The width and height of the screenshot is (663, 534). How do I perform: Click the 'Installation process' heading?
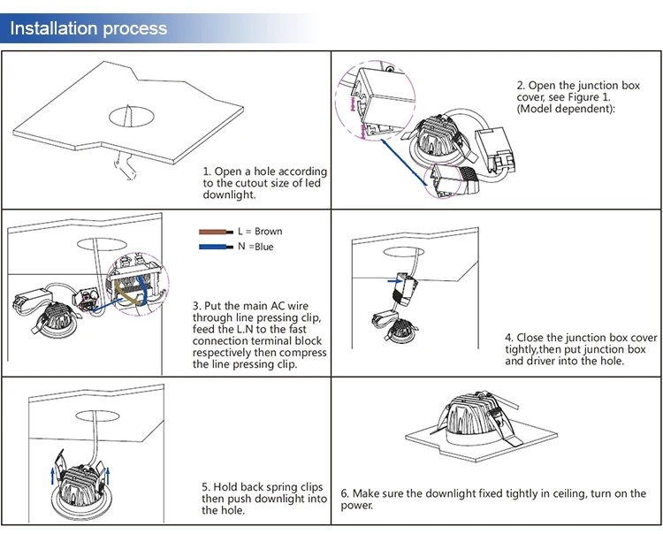click(88, 28)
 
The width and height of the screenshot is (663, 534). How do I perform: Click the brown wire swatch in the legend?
click(216, 232)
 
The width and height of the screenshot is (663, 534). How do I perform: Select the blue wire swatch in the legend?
click(216, 247)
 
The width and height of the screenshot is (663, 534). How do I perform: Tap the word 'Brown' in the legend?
click(269, 232)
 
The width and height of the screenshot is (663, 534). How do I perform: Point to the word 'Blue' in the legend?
click(263, 247)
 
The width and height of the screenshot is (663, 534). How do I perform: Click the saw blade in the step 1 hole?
click(127, 116)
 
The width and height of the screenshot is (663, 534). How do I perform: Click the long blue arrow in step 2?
click(404, 163)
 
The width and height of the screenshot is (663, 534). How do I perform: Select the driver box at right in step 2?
click(495, 149)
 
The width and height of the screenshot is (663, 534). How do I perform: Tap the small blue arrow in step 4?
click(395, 281)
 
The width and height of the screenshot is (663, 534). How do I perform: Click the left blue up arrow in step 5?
click(52, 476)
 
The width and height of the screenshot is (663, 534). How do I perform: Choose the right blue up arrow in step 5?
click(108, 476)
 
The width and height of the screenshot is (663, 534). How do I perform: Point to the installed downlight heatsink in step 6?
click(471, 416)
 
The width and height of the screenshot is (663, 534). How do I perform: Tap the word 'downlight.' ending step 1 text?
click(229, 195)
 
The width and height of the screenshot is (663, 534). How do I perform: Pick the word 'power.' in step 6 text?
click(357, 506)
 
